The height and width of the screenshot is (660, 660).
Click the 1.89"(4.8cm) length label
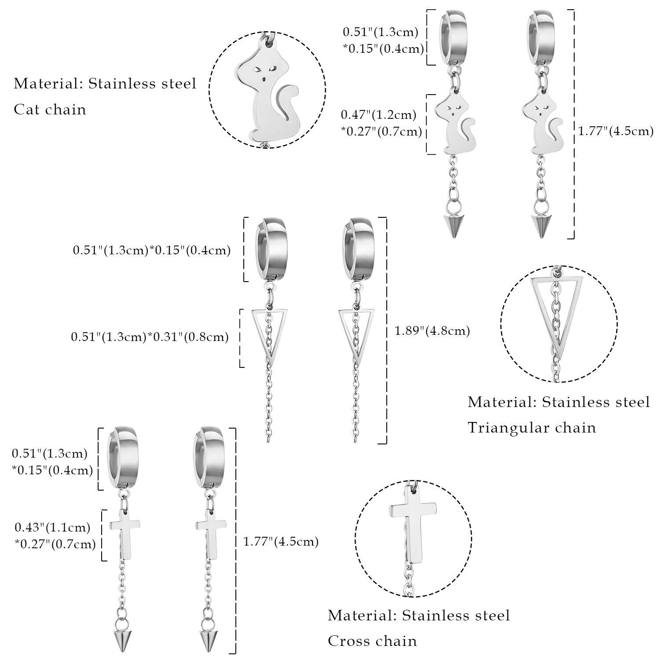tap(432, 331)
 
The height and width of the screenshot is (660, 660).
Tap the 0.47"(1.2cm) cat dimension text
tap(379, 115)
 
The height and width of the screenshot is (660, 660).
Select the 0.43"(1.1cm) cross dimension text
tap(52, 527)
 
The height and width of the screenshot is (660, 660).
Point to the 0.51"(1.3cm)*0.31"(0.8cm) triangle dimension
tap(150, 337)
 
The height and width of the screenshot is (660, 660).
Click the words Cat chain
tap(50, 109)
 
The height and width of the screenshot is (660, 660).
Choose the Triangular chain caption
tap(532, 428)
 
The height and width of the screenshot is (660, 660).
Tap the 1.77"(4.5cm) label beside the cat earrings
tap(615, 131)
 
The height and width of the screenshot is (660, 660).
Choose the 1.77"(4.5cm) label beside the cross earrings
tap(281, 541)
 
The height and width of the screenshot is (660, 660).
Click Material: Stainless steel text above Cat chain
tap(105, 84)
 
